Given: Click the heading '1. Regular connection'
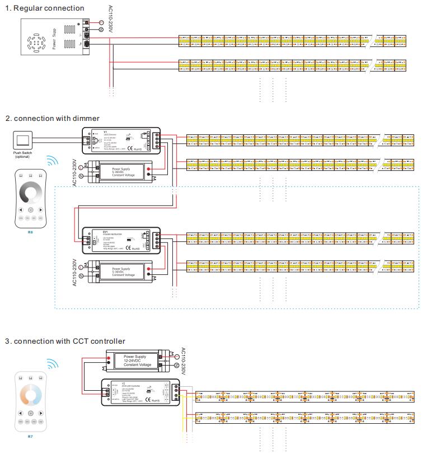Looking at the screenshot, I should (x=44, y=8).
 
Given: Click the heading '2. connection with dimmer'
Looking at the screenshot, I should (x=52, y=118).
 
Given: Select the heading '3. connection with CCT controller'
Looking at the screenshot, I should (x=65, y=341).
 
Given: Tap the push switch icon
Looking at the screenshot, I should (x=22, y=139).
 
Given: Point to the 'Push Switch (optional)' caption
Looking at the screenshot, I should (x=22, y=155).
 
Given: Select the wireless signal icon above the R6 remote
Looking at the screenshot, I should (x=52, y=162).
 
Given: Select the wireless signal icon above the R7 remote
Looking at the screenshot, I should (x=52, y=364).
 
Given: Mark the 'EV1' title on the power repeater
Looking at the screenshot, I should (x=89, y=232).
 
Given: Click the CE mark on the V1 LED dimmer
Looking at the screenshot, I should (x=129, y=148).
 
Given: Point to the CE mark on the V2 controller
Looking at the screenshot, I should (x=149, y=399).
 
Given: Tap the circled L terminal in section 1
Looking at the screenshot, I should (x=101, y=21).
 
